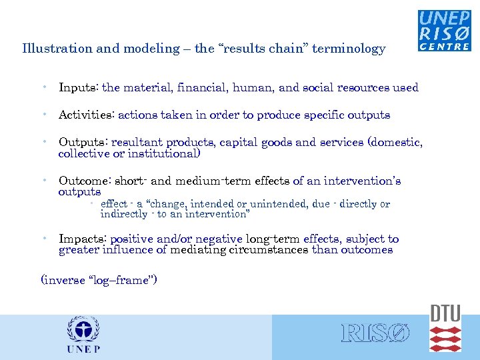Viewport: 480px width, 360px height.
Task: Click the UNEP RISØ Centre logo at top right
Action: pos(444,31)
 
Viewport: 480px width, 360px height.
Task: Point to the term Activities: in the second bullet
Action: pos(87,115)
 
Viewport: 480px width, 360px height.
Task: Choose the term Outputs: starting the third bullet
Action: pos(83,142)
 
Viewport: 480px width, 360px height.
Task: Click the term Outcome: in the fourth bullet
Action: pos(85,181)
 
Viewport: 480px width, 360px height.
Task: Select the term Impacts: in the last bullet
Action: pos(83,239)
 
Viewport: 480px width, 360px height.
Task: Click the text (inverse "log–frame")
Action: pos(99,280)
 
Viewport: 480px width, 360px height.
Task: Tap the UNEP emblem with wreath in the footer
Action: pos(83,330)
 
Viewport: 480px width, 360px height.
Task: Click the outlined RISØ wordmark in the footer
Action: pos(375,333)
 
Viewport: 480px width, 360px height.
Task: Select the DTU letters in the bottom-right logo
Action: pos(445,313)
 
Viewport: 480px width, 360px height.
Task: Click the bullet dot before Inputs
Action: pos(43,87)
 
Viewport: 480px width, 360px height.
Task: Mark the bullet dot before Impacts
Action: pos(43,238)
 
